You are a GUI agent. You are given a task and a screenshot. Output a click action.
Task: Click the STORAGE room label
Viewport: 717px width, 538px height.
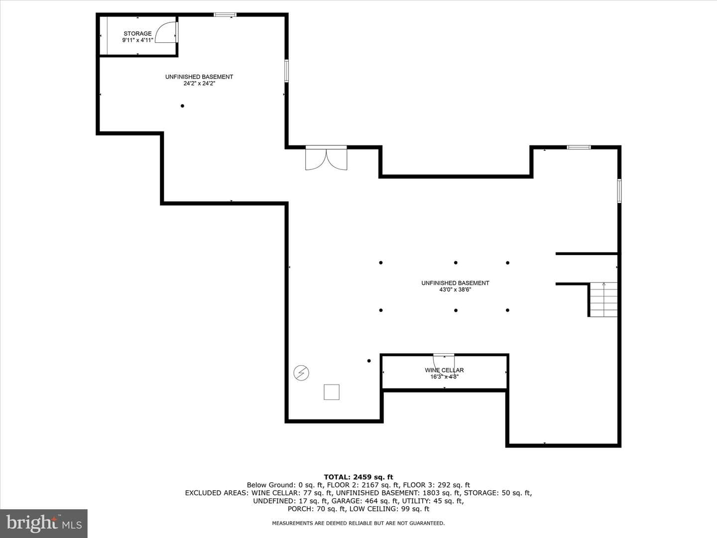[x=137, y=33]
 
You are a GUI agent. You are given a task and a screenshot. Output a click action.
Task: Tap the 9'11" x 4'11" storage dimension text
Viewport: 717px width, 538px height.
[x=137, y=40]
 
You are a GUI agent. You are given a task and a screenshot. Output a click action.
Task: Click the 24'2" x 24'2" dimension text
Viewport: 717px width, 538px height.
[x=199, y=83]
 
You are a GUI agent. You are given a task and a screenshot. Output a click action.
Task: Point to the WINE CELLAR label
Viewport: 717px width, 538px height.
[x=444, y=370]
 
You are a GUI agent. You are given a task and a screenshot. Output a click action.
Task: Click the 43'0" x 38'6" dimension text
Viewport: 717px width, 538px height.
[x=455, y=289]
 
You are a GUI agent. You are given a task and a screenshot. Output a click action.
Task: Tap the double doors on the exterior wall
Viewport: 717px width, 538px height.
[x=326, y=158]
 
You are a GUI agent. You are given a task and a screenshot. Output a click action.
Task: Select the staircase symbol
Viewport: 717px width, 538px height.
[x=603, y=299]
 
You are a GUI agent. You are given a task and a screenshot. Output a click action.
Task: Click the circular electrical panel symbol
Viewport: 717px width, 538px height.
[x=301, y=373]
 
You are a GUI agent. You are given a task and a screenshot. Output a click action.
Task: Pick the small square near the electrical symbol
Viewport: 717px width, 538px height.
[x=332, y=392]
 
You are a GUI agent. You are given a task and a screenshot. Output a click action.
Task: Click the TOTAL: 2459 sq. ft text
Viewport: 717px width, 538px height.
[x=358, y=477]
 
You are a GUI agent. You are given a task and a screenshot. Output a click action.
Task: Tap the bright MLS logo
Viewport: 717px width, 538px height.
[x=44, y=523]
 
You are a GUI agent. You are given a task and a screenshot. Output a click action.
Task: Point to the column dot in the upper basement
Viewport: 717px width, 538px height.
[x=182, y=106]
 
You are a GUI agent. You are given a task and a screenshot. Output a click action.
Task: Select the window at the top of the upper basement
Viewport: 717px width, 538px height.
[x=225, y=14]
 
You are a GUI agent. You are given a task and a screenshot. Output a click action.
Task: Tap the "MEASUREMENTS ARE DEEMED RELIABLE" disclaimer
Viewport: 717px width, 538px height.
[x=358, y=523]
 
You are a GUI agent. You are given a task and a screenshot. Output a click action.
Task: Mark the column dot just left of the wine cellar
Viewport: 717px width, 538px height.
[x=369, y=361]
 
